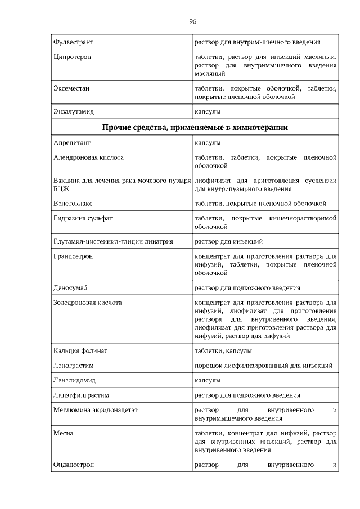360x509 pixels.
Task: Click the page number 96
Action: [192, 21]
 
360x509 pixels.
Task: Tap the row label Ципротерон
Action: [72, 57]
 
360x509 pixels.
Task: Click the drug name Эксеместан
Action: [71, 89]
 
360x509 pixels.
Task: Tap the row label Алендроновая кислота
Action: [88, 158]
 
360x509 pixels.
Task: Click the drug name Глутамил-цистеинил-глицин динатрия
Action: [113, 241]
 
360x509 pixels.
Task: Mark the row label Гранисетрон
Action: [74, 256]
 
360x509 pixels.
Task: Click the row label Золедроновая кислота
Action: [87, 303]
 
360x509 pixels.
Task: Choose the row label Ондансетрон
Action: [73, 465]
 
